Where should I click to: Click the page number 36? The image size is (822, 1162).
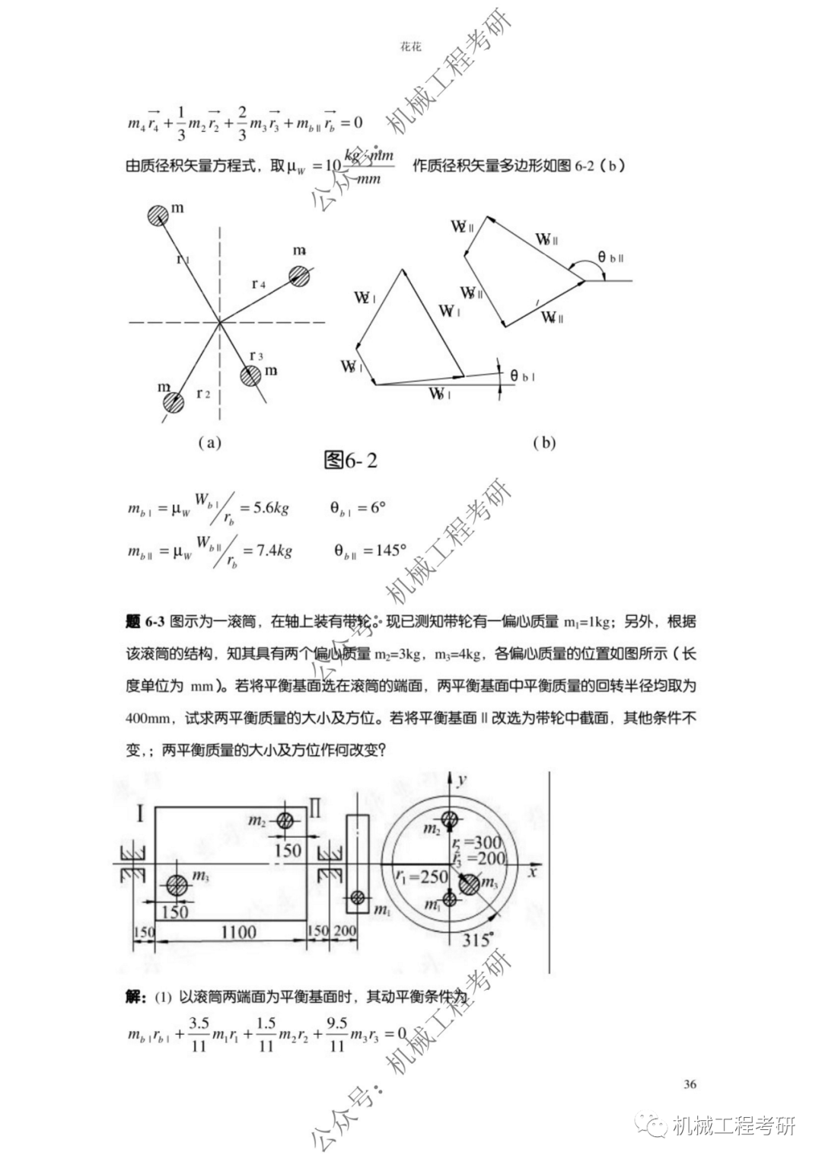pyautogui.click(x=690, y=1084)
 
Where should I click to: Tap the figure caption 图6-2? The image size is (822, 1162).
pyautogui.click(x=350, y=461)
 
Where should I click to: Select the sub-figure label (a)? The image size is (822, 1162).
pyautogui.click(x=209, y=442)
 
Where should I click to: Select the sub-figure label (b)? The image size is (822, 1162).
pyautogui.click(x=544, y=442)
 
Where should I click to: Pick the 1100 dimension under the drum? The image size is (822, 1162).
pyautogui.click(x=238, y=931)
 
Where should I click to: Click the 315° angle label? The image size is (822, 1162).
pyautogui.click(x=478, y=939)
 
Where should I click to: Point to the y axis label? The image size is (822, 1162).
pyautogui.click(x=462, y=777)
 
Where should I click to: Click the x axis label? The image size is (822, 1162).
pyautogui.click(x=533, y=870)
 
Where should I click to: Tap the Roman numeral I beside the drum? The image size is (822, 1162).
pyautogui.click(x=140, y=814)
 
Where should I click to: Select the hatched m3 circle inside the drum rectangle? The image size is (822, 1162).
pyautogui.click(x=177, y=886)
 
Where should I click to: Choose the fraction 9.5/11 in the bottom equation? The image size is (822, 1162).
pyautogui.click(x=336, y=1034)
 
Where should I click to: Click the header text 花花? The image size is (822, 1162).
pyautogui.click(x=410, y=46)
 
